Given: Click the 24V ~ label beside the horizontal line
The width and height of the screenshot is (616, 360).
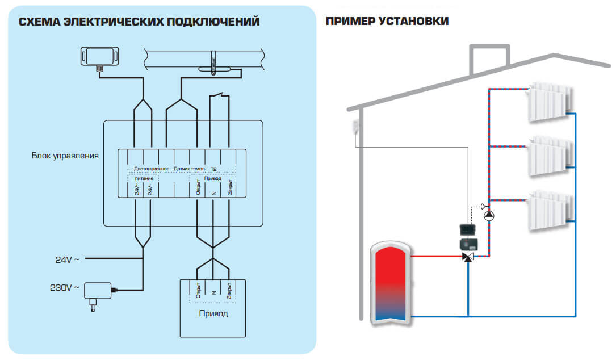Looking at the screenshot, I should (68, 259).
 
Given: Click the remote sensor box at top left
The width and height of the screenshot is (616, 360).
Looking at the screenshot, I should (100, 57).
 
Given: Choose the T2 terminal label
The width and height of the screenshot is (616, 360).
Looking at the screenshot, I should (214, 169).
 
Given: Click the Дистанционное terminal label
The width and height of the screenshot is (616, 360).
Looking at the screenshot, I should (152, 169).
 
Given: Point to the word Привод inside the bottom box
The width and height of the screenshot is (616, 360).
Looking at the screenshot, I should (213, 313).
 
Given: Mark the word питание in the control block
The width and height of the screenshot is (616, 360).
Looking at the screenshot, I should (144, 178).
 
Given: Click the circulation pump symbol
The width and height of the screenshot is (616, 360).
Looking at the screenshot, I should (489, 215).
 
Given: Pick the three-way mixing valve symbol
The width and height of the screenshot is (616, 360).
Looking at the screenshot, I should (468, 257).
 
